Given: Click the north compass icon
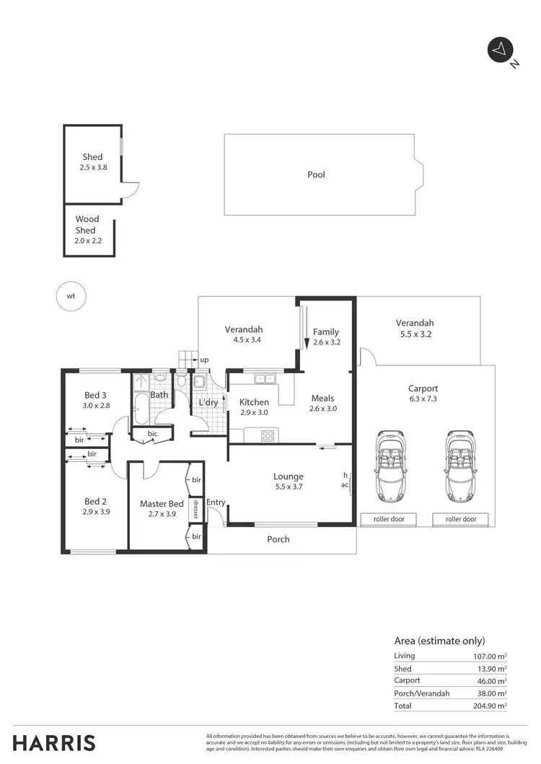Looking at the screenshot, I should coord(499,50).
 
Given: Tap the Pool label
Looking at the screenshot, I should coord(316,174).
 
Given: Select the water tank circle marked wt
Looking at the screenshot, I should coord(71,296).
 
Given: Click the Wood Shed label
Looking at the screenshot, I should coord(87,224).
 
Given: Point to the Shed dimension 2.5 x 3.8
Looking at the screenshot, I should coord(92,167).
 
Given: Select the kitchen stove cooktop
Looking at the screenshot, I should coord(268,435).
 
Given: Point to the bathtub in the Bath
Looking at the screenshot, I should coord(140,409).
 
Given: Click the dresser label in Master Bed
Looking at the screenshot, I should coord(195,510).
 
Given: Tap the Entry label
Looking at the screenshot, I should coord(216,502).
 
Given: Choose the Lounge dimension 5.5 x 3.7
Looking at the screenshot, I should coord(288,487).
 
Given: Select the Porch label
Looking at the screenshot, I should coord(278,539).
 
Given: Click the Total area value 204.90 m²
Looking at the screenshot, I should coord(487,706).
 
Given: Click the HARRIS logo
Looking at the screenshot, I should coord(54,742).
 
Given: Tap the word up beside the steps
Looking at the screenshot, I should coord(205,360).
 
